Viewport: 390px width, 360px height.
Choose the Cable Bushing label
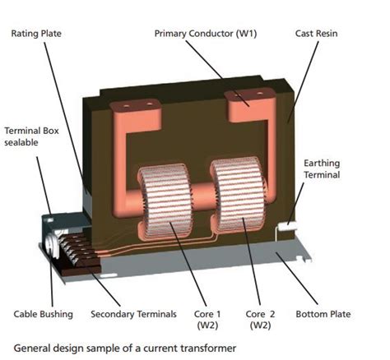pos(44,314)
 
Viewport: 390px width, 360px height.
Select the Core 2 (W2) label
pos(265,321)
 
